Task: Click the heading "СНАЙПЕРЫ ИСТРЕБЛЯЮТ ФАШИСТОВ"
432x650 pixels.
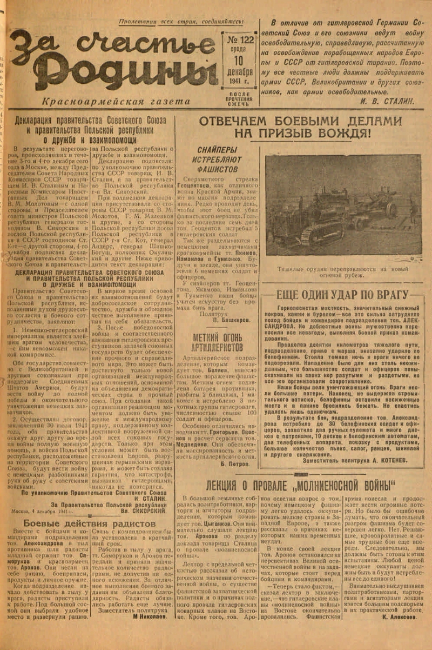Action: click(x=217, y=159)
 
